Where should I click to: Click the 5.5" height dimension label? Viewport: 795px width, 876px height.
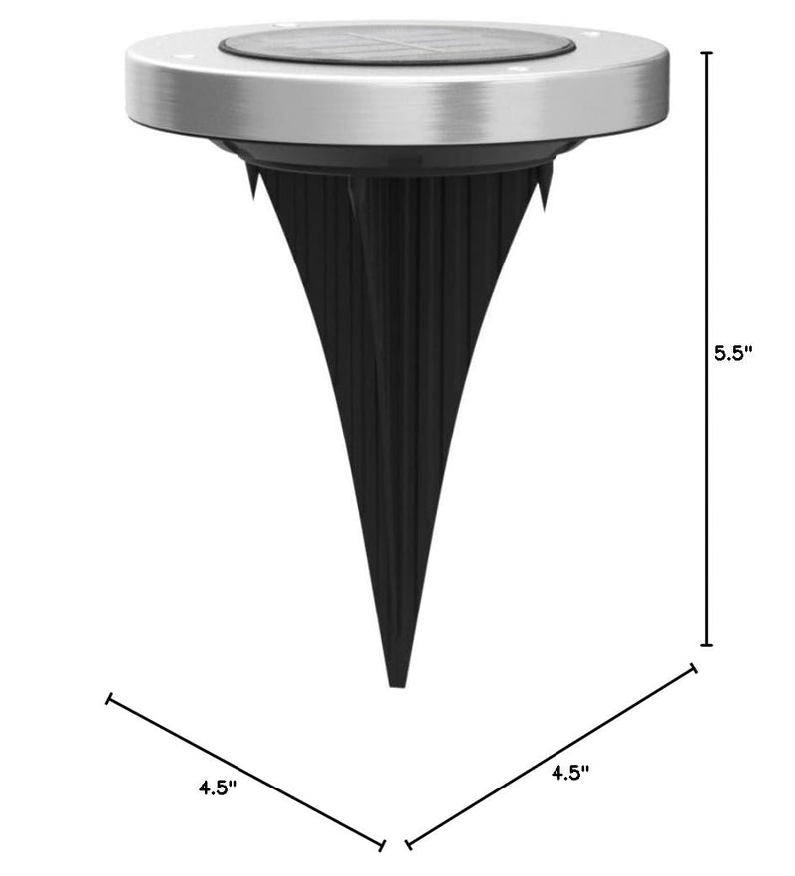click(733, 353)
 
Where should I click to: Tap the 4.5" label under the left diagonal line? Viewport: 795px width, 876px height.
click(218, 788)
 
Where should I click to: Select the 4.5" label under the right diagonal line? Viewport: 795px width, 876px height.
click(570, 773)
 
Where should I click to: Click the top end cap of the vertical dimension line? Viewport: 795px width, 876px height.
click(707, 52)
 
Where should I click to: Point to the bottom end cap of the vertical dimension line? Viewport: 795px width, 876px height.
click(707, 645)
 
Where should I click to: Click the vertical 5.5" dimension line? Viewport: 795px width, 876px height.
click(707, 349)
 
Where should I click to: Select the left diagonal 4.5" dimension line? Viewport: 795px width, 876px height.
click(245, 772)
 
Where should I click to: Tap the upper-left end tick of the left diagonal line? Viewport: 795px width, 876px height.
click(109, 698)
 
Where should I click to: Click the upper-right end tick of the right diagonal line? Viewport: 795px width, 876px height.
click(694, 668)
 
